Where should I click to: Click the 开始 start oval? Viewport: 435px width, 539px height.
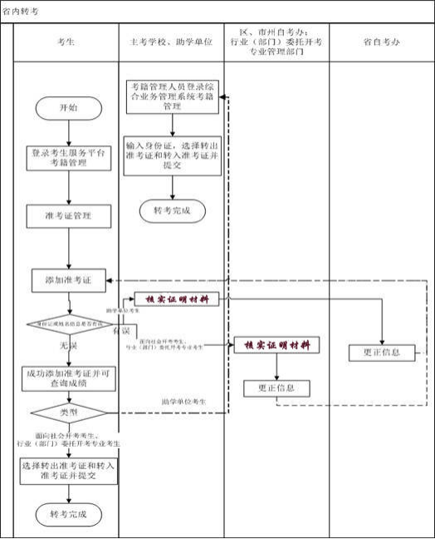coord(68,108)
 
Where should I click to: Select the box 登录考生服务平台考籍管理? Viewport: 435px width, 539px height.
coord(68,158)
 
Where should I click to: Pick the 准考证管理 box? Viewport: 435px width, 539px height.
coord(68,215)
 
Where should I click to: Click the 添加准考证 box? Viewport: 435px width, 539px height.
coord(68,281)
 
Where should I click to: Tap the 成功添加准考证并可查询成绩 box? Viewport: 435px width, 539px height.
coord(68,378)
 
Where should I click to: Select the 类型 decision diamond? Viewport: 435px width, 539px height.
coord(68,412)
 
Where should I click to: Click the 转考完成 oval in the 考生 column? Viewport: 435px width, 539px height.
coord(68,512)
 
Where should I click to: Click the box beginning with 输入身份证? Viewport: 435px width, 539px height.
coord(172,155)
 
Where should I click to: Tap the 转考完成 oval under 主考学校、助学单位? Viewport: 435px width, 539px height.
coord(172,211)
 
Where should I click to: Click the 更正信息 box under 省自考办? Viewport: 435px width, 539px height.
coord(382,352)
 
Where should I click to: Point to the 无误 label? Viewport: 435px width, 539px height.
coord(68,343)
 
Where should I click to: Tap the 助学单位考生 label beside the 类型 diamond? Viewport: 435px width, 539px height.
coord(183,402)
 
